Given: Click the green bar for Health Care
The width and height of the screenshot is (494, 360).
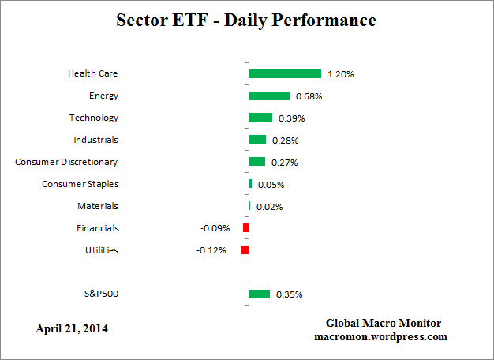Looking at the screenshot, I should point(285,73).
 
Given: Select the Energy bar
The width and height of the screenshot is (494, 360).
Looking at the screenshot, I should point(269,96).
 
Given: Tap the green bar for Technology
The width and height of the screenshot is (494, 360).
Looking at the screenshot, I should point(260,118).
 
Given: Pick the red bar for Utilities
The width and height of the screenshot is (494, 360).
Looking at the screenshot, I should point(245,250).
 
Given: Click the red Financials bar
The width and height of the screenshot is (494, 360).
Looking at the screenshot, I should point(246,228).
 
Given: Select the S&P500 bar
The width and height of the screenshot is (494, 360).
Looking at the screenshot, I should point(259,294).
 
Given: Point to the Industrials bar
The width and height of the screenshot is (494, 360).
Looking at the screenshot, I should point(257,140).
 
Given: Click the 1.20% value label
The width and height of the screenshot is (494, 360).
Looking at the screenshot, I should point(342,74).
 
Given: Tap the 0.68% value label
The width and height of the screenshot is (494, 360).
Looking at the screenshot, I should point(309,96).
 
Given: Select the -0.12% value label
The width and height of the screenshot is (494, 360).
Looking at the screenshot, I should point(211,250).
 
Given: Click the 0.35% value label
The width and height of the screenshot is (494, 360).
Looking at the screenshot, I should point(290,294).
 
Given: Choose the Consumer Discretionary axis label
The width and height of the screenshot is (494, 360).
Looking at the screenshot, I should point(66,162).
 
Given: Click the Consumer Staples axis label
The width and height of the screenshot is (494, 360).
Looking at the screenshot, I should point(80,184).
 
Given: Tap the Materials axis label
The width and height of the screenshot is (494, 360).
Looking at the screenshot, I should point(98,206).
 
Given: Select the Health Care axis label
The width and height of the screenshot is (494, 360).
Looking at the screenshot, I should point(93,73).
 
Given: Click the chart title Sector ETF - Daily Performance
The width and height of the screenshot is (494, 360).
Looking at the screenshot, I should point(247,20).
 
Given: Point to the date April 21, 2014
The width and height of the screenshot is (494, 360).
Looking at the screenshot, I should point(72,328).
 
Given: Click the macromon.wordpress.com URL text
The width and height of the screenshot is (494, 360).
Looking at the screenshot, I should point(380,336).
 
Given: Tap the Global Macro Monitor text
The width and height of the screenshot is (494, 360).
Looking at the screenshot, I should point(383,323).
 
